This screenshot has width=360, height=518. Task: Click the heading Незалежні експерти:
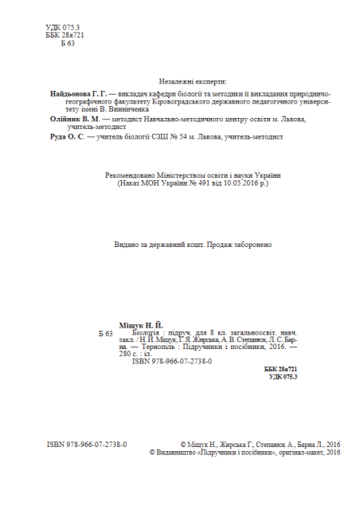pyautogui.click(x=194, y=82)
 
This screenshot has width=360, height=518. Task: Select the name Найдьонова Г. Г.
pyautogui.click(x=78, y=93)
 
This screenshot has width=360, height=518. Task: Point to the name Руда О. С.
pyautogui.click(x=65, y=137)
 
